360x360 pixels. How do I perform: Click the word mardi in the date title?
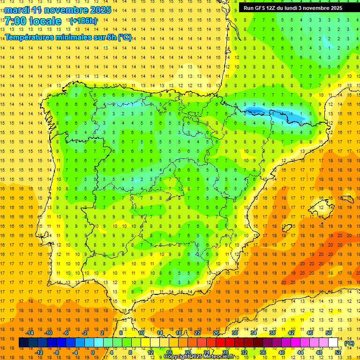[19, 10]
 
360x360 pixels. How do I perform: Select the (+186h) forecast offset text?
[83, 21]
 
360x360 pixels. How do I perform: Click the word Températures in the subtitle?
[31, 37]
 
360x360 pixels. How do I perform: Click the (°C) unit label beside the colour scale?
[349, 343]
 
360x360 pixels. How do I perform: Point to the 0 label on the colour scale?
[93, 352]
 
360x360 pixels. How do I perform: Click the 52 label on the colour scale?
[338, 352]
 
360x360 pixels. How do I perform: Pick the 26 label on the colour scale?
[216, 333]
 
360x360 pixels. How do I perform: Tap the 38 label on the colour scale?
[272, 333]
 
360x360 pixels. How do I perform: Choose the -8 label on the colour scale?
[56, 352]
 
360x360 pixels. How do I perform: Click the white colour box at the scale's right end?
[333, 343]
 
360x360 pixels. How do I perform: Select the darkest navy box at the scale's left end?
[23, 343]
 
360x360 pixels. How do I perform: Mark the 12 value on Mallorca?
[321, 208]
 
